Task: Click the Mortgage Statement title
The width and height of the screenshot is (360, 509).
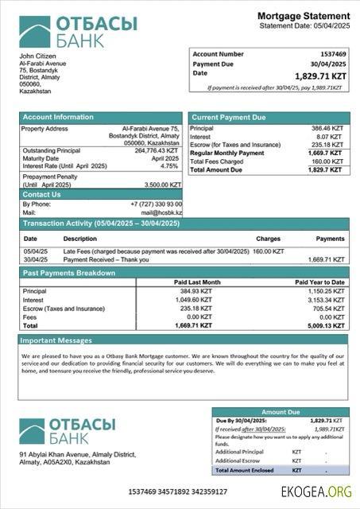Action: tap(303, 16)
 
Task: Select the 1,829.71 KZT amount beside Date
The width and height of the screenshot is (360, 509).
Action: tap(320, 76)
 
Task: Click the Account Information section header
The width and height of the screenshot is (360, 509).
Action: tap(58, 118)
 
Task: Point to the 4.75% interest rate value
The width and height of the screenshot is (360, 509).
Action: tap(169, 166)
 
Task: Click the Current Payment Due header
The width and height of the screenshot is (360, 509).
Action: tap(229, 118)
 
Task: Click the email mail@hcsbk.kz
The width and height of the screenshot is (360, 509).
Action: tap(161, 213)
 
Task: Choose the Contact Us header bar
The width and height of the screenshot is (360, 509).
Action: tap(41, 194)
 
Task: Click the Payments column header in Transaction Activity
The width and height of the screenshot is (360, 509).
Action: tap(330, 239)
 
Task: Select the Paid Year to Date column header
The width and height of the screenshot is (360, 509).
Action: tap(319, 282)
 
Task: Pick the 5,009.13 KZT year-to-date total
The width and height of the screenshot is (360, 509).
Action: tap(326, 325)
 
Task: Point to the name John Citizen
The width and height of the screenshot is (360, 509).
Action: tap(37, 56)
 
